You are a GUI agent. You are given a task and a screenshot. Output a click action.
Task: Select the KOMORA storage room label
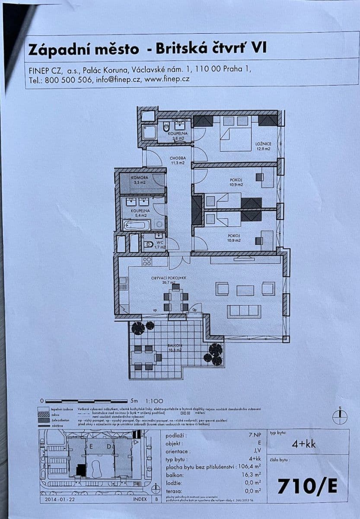coord(140,178)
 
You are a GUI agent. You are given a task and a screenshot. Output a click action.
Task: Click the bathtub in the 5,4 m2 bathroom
coord(137,225)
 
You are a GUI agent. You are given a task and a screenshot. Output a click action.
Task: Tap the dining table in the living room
coord(175,298)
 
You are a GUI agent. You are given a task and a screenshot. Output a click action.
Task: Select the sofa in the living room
coord(244,311)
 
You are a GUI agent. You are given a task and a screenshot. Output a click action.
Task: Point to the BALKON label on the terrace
coord(175,346)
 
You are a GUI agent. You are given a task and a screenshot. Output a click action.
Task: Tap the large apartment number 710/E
coord(307,486)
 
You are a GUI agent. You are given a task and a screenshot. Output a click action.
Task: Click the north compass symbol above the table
coord(340,416)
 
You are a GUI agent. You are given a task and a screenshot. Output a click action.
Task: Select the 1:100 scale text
coord(154,401)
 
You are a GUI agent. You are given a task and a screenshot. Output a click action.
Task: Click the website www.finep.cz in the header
coord(167,79)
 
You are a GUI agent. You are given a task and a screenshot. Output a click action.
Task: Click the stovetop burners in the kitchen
coord(147,261)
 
